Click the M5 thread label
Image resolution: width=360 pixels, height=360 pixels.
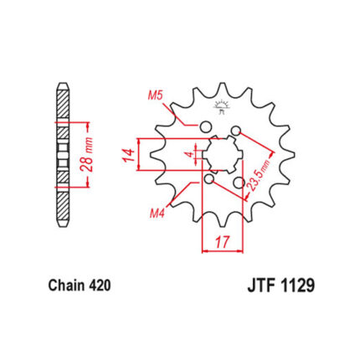pyautogui.click(x=155, y=96)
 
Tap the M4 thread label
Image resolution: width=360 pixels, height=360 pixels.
pyautogui.click(x=157, y=213)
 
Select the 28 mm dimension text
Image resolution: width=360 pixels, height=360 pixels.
pyautogui.click(x=86, y=154)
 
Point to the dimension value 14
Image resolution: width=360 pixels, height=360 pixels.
pyautogui.click(x=128, y=155)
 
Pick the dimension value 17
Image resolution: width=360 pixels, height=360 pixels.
pyautogui.click(x=223, y=242)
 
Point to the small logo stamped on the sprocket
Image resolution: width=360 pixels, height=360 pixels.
pyautogui.click(x=221, y=107)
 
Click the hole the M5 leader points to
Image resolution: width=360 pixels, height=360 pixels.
pyautogui.click(x=205, y=126)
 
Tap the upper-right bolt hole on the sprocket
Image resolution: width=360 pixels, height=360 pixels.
pyautogui.click(x=236, y=131)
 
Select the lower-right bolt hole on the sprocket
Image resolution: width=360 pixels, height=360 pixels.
pyautogui.click(x=239, y=183)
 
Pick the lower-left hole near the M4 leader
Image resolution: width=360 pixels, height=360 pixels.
pyautogui.click(x=209, y=178)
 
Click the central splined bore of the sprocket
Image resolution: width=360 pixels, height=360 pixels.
pyautogui.click(x=223, y=154)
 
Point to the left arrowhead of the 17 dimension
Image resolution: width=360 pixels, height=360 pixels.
pyautogui.click(x=205, y=251)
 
